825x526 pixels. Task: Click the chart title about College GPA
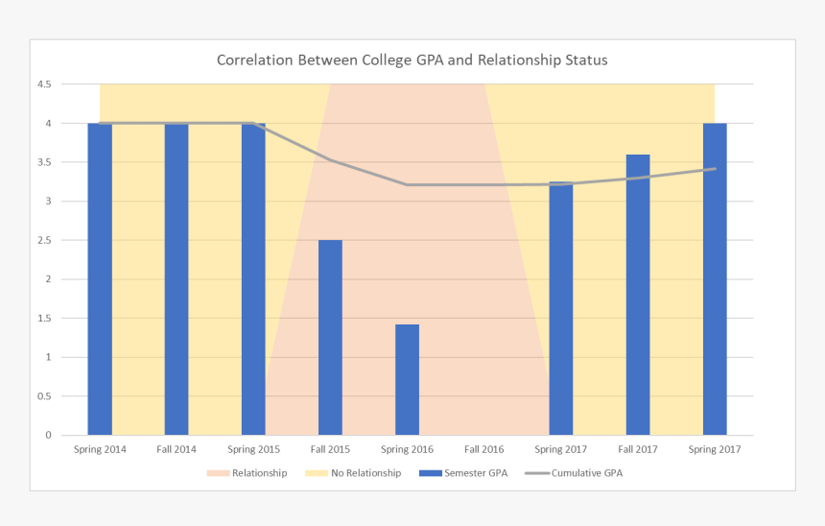coord(412,60)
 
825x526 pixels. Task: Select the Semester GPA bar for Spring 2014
coord(100,278)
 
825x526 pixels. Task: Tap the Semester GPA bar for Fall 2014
coord(177,278)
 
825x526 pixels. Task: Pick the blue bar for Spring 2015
coord(253,278)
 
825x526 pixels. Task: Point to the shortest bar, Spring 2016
coord(407,380)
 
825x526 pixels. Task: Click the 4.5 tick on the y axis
coord(44,84)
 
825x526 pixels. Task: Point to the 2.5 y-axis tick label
coord(44,241)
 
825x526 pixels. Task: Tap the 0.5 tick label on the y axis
coord(44,396)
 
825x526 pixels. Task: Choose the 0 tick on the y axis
coord(48,436)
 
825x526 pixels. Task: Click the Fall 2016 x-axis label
coord(483,449)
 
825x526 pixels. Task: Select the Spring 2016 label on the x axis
coord(407,449)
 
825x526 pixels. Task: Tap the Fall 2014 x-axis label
coord(177,449)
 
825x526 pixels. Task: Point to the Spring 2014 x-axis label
coord(100,449)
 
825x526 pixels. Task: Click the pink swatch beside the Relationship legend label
coord(218,473)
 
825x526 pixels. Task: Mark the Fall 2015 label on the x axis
coord(330,449)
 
